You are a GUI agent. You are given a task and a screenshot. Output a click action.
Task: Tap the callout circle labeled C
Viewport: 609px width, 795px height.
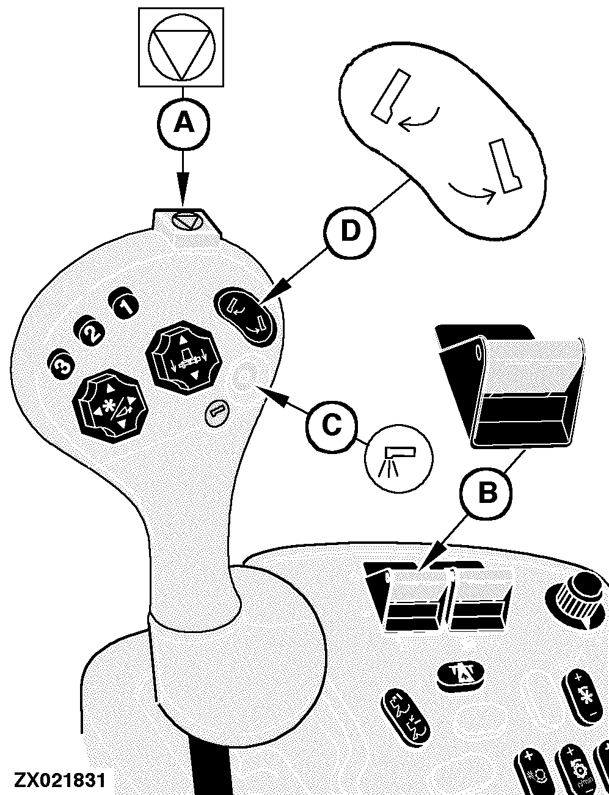point(332,425)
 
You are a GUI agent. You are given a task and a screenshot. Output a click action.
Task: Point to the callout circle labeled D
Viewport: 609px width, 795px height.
point(350,232)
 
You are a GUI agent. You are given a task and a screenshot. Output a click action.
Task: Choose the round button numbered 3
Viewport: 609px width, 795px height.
point(62,366)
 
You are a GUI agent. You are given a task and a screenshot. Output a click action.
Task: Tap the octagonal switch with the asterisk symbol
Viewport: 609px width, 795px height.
point(110,407)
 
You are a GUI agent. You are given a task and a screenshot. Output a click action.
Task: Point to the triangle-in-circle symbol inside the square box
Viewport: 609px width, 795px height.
point(181,48)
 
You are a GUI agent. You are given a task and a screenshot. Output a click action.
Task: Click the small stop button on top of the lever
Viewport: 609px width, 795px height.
point(188,221)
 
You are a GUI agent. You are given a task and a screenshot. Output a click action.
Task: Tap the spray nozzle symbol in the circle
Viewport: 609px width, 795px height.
point(398,458)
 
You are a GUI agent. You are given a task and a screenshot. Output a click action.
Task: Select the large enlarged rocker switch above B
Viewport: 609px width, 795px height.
point(511,385)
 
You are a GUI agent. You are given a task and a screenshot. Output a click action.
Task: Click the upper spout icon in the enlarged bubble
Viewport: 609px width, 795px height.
point(390,96)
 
